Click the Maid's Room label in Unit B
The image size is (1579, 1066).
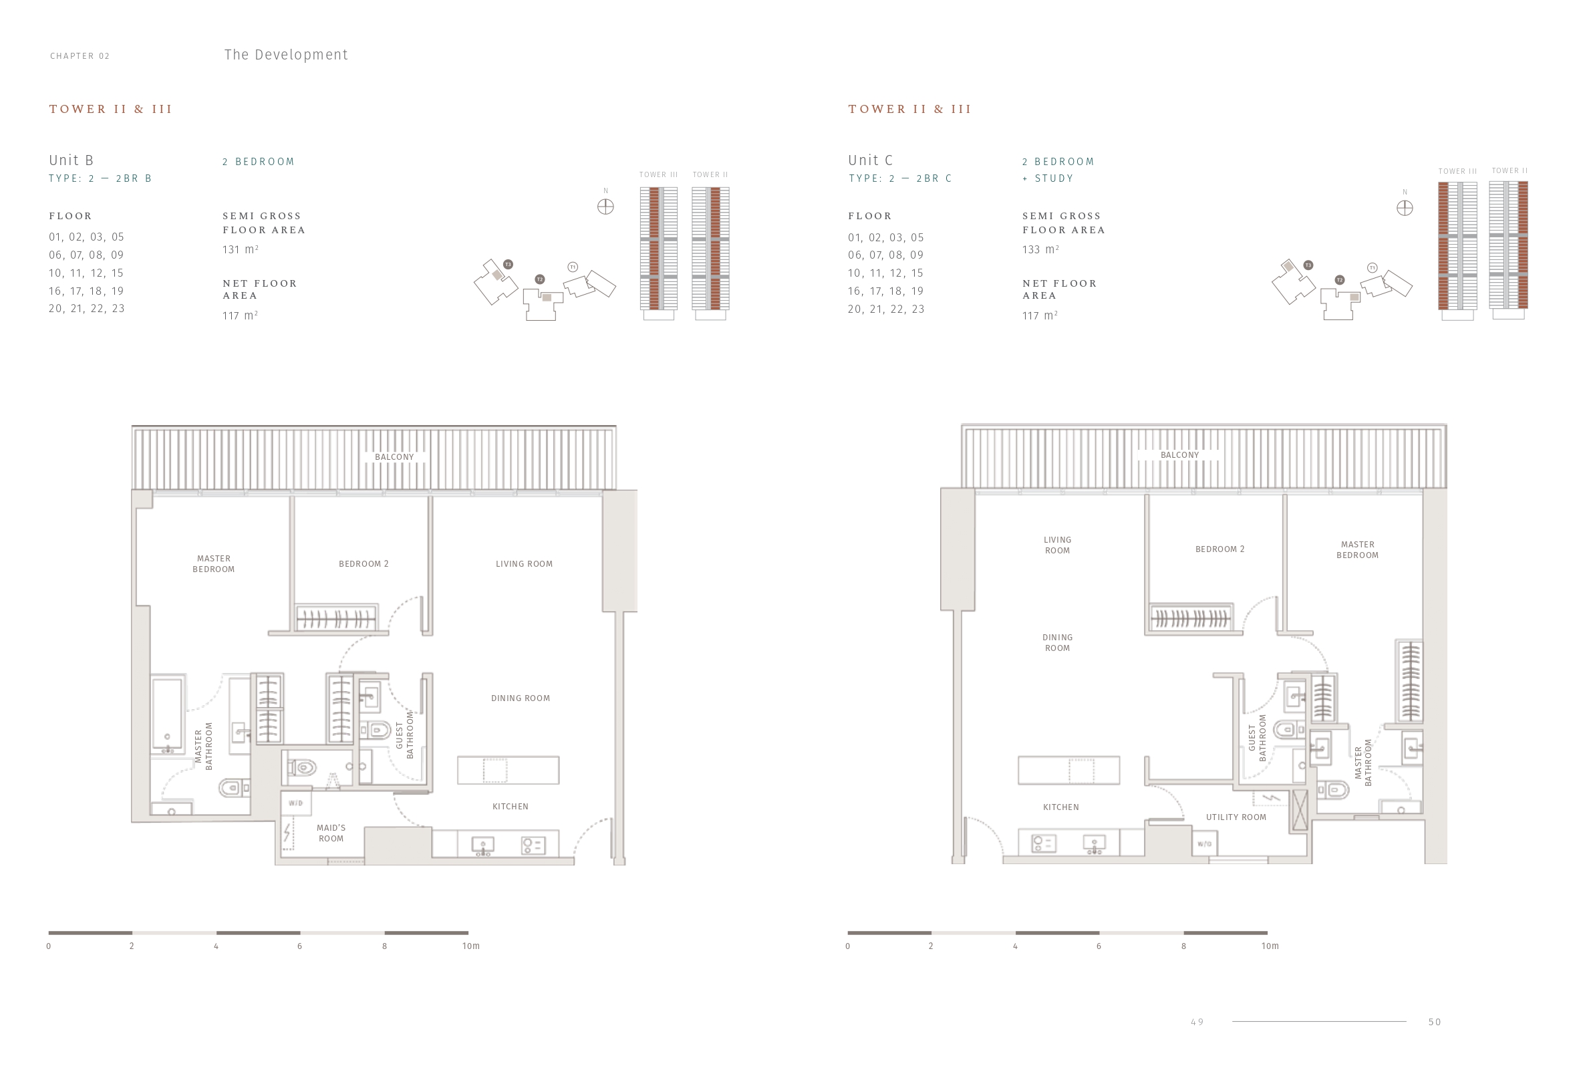(x=331, y=833)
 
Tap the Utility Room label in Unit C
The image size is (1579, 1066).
(x=1236, y=817)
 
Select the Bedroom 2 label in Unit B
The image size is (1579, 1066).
(x=364, y=564)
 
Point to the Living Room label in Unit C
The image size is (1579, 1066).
(x=1057, y=545)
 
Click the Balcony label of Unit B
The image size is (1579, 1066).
(x=394, y=457)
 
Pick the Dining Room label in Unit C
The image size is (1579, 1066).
(x=1057, y=643)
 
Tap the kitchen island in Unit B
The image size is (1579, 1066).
(x=509, y=771)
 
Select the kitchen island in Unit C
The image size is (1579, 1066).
(x=1068, y=771)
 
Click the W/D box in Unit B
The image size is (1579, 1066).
(x=295, y=803)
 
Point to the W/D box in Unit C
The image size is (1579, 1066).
(x=1204, y=844)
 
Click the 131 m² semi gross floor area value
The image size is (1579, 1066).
(x=241, y=249)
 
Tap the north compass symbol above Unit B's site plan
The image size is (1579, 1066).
(x=605, y=207)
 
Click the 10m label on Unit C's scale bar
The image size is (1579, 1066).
(x=1270, y=946)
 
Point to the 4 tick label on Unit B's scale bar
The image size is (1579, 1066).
(x=216, y=946)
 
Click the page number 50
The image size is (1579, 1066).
(x=1434, y=1022)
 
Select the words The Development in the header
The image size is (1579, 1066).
(x=286, y=55)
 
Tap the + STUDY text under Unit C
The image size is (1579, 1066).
(x=1048, y=178)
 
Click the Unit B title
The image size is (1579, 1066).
(x=71, y=160)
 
